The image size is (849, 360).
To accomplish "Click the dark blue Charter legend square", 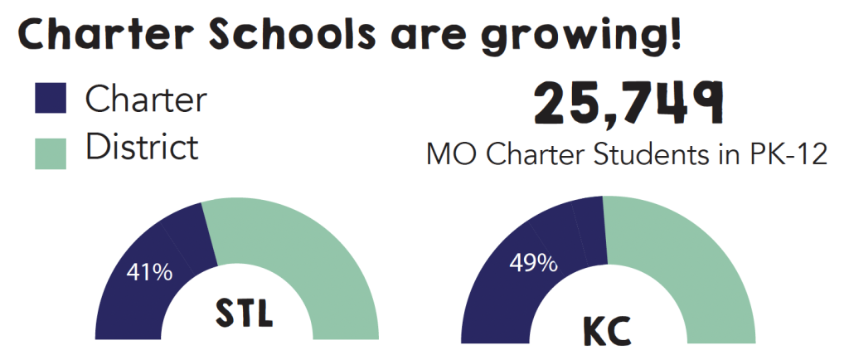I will (x=50, y=100).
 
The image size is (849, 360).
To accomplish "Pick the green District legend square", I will (x=50, y=151).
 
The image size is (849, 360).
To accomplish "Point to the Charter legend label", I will (x=146, y=100).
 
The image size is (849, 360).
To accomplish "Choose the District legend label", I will (x=142, y=148).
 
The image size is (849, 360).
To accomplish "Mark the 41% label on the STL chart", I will (x=149, y=271).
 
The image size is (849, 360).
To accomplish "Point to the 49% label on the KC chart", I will (x=532, y=264).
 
